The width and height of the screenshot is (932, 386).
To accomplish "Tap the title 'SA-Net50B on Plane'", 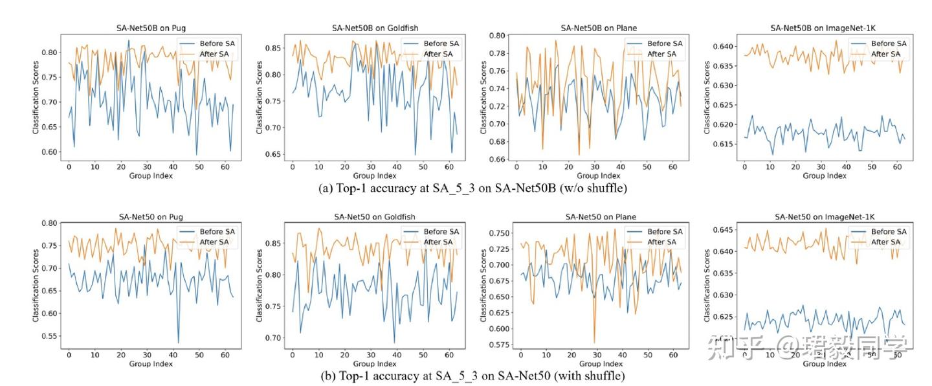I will pos(599,28).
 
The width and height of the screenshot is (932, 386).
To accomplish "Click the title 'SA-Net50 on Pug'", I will pos(150,216).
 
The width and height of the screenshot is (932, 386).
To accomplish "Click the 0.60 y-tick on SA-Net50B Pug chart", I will pos(50,152).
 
